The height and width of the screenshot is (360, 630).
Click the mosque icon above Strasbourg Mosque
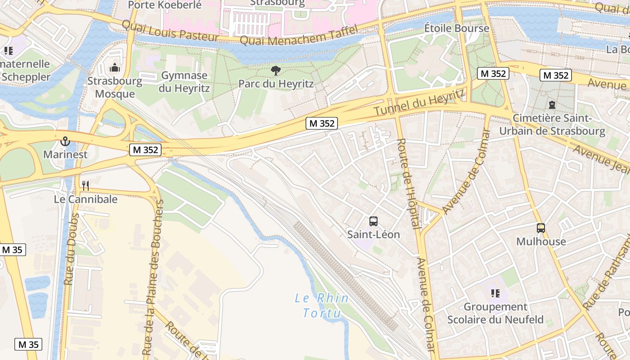coord(115,68)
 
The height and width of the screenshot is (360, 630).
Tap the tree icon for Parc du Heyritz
coord(276,70)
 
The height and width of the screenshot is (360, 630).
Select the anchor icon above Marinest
coord(65,141)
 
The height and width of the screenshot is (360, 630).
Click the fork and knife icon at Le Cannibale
coord(85,185)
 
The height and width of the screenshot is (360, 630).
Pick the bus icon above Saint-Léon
coord(373,221)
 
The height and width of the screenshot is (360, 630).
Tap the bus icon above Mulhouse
coord(540,228)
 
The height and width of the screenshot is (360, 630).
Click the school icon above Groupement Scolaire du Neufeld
coord(495,293)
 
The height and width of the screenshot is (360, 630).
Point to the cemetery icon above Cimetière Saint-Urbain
coord(552,105)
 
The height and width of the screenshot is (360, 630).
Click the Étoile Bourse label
coord(456,28)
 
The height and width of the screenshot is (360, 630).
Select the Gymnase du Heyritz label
coord(184,81)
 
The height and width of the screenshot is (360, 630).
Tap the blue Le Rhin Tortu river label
coord(321,306)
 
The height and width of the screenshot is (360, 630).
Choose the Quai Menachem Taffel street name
coord(299,36)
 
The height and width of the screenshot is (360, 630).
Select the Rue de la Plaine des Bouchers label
coord(153,277)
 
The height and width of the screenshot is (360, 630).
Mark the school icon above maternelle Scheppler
coord(8,51)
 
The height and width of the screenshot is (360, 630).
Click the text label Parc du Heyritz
coord(276,84)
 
